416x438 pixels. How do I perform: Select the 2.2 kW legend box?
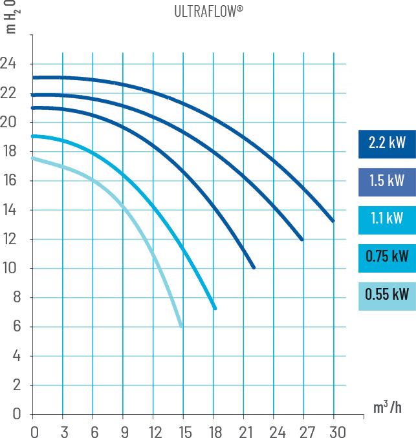point(387,143)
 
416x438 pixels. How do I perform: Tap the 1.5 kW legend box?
point(387,181)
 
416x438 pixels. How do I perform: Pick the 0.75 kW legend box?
point(387,256)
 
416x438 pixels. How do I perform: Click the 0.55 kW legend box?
point(387,295)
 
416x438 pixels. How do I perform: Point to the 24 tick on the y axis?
point(8,64)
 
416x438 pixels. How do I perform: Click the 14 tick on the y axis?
point(8,210)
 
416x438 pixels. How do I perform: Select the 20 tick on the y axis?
point(8,122)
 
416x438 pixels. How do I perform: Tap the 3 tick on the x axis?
point(63,430)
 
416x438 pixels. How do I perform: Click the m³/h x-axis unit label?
point(386,408)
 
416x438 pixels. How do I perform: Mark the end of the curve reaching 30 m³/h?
point(333,221)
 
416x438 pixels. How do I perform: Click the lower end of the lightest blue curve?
point(181,326)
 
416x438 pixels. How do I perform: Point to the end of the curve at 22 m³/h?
point(254,267)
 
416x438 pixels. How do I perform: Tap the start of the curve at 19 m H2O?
point(33,136)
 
